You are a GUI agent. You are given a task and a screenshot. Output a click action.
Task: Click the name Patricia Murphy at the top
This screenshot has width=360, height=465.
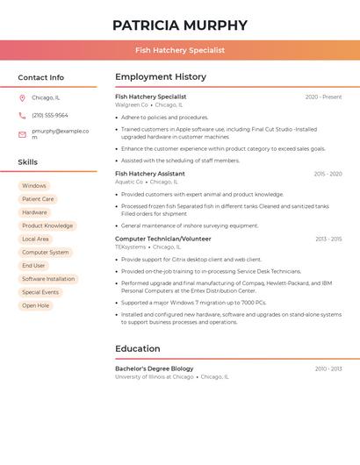click(180, 25)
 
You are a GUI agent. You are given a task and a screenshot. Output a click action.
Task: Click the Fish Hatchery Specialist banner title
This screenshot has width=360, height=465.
click(180, 50)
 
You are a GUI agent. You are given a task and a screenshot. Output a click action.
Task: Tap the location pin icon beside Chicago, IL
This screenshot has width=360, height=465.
click(22, 97)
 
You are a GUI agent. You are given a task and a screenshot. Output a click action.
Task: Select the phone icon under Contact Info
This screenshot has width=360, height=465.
click(22, 115)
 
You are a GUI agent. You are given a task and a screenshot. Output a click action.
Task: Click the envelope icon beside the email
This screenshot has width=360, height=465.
click(22, 134)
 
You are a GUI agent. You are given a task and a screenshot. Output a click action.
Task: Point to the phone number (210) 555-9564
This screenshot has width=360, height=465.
click(50, 115)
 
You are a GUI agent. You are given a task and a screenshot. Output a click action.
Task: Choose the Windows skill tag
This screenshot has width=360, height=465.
click(34, 186)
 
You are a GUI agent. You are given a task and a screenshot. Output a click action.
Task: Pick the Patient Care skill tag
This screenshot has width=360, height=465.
click(38, 199)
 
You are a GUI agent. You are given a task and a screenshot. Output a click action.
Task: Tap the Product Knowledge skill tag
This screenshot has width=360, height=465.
click(47, 225)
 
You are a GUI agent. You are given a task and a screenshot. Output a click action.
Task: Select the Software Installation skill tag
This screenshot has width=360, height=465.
click(48, 279)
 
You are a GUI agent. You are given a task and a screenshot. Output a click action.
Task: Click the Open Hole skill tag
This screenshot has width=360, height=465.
click(36, 305)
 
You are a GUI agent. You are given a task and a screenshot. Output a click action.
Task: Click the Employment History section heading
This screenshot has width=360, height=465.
click(161, 77)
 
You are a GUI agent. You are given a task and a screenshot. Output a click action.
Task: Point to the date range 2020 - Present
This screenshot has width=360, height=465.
click(323, 97)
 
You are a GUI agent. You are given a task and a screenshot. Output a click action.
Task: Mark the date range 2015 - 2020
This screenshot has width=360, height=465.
click(328, 174)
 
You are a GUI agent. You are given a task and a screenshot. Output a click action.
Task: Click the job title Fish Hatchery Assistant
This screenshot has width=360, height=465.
click(150, 174)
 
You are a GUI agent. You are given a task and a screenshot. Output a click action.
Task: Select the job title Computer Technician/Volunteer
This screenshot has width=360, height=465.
click(163, 239)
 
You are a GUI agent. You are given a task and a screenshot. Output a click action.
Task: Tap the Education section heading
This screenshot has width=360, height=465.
click(138, 348)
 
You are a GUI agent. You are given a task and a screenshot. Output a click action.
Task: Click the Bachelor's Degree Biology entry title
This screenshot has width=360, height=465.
click(155, 368)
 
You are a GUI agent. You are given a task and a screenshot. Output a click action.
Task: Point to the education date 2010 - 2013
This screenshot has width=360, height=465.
click(328, 368)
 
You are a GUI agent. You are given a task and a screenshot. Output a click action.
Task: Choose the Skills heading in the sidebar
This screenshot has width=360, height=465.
click(28, 162)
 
